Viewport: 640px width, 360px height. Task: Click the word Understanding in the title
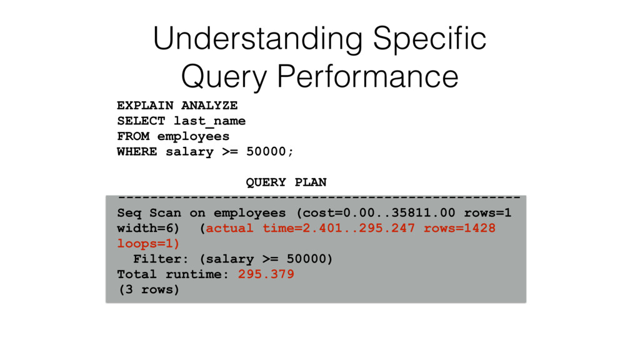click(x=258, y=39)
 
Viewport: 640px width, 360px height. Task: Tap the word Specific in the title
click(x=429, y=39)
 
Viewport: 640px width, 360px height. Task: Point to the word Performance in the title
click(x=367, y=76)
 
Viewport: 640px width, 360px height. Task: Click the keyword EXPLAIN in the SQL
click(x=145, y=105)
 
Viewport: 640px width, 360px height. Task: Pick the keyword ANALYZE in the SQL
click(x=209, y=105)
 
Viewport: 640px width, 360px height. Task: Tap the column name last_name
click(x=210, y=121)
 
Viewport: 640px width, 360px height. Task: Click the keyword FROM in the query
click(x=133, y=136)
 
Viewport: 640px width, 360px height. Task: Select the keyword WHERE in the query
click(x=137, y=151)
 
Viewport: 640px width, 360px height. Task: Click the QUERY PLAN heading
click(x=286, y=182)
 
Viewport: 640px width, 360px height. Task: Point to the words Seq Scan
click(x=149, y=213)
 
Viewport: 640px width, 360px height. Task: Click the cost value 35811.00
click(x=423, y=212)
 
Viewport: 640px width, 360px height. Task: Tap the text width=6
click(x=145, y=228)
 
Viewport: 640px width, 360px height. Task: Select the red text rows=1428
click(x=459, y=228)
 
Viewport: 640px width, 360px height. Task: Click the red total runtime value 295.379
click(x=266, y=274)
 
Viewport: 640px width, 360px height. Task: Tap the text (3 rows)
click(x=149, y=290)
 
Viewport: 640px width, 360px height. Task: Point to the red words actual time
click(x=254, y=228)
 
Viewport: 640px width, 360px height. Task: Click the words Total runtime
click(x=169, y=274)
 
